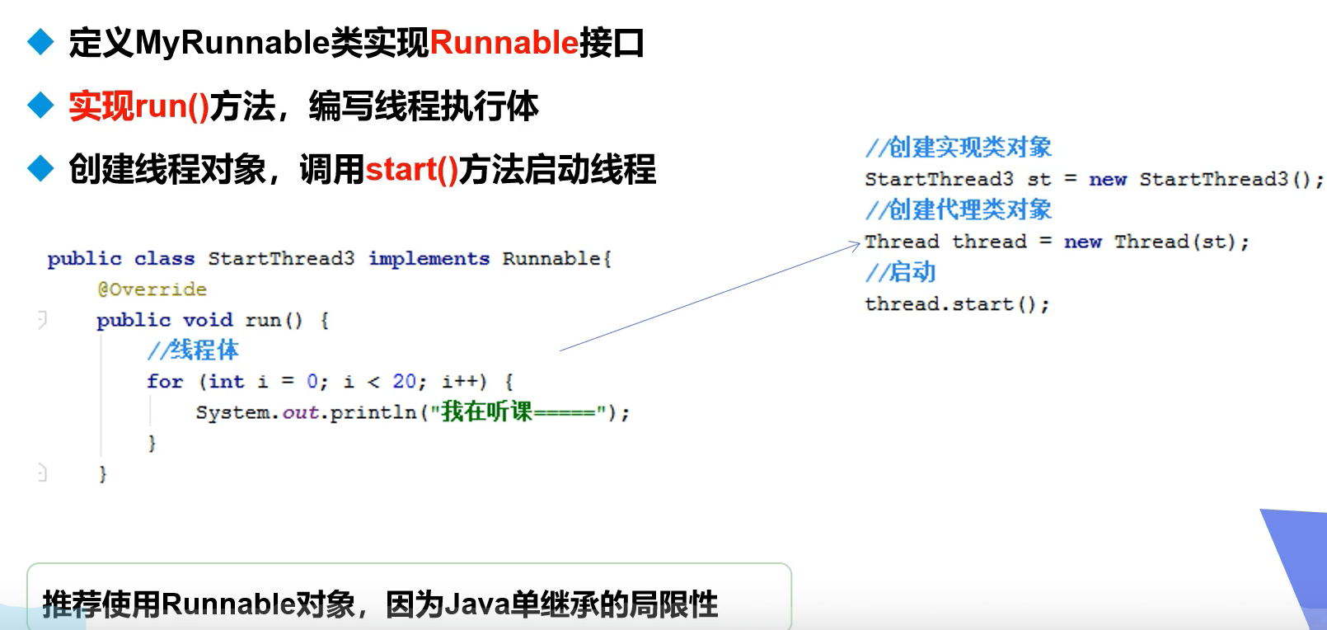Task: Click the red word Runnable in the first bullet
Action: [x=504, y=43]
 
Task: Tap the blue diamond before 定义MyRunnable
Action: [x=40, y=41]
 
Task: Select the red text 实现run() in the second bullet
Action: [x=138, y=106]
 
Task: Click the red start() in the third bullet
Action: [x=411, y=170]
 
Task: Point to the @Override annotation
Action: [x=152, y=289]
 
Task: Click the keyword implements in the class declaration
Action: [x=429, y=259]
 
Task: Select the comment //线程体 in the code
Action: [x=193, y=350]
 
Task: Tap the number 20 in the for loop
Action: [x=404, y=382]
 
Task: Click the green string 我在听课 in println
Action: [x=486, y=411]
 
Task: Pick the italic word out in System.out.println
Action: [x=300, y=412]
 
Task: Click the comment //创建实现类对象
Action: [x=958, y=148]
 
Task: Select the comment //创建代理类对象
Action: [x=958, y=210]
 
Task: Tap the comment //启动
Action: [x=900, y=272]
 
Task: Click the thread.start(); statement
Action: [x=956, y=304]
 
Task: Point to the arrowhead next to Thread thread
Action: [x=856, y=244]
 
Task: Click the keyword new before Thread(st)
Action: [x=1082, y=242]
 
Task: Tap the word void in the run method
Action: [x=208, y=320]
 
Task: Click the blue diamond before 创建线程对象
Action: [x=40, y=168]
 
